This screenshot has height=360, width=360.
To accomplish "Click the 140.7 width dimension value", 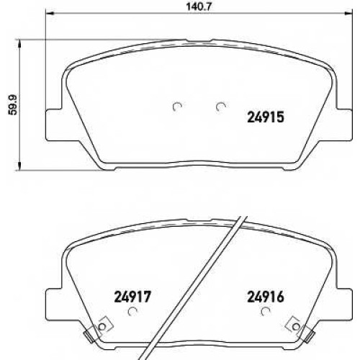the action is point(199,6).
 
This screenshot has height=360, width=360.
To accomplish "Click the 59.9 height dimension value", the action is point(14,105).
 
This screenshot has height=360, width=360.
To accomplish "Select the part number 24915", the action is point(266,117).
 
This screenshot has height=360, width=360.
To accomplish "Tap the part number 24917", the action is point(132,297).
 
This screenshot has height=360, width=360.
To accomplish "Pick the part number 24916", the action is point(266,297).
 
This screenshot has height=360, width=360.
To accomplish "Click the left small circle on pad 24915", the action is point(178,107).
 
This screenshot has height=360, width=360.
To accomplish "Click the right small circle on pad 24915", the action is point(220,107).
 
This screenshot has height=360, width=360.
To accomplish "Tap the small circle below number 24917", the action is point(132,312).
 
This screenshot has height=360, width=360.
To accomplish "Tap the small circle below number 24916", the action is point(266,312).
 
